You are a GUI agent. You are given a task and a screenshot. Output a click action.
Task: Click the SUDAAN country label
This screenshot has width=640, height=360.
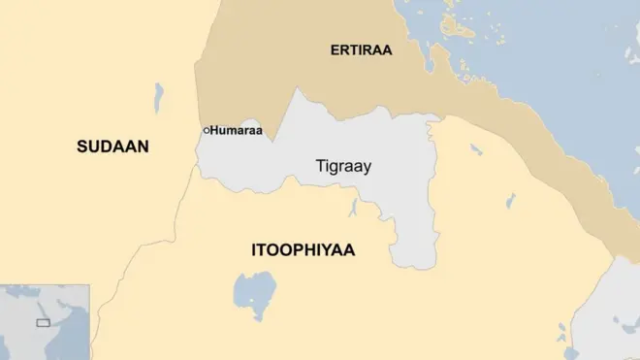112,147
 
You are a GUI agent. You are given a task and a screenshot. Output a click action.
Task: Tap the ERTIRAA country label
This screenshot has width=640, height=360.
361,50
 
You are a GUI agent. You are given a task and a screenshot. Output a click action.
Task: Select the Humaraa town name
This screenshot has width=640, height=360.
237,130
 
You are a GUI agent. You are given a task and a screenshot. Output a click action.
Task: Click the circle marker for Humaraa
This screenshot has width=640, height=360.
206,130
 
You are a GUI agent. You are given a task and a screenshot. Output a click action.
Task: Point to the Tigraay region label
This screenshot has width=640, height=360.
343,166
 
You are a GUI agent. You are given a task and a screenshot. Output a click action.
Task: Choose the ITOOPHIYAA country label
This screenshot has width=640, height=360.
303,250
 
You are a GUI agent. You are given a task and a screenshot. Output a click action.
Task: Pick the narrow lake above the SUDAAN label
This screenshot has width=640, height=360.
159,97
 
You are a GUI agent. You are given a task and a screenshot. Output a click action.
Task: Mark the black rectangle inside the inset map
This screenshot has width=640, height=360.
43,322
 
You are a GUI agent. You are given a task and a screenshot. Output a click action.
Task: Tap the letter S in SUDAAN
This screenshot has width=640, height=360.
82,147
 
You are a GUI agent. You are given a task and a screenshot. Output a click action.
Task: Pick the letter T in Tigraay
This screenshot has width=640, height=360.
320,166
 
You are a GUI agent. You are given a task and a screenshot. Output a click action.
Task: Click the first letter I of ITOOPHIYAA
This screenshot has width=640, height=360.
254,250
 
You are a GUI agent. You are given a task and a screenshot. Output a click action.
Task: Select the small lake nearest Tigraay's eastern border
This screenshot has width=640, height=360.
475,149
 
